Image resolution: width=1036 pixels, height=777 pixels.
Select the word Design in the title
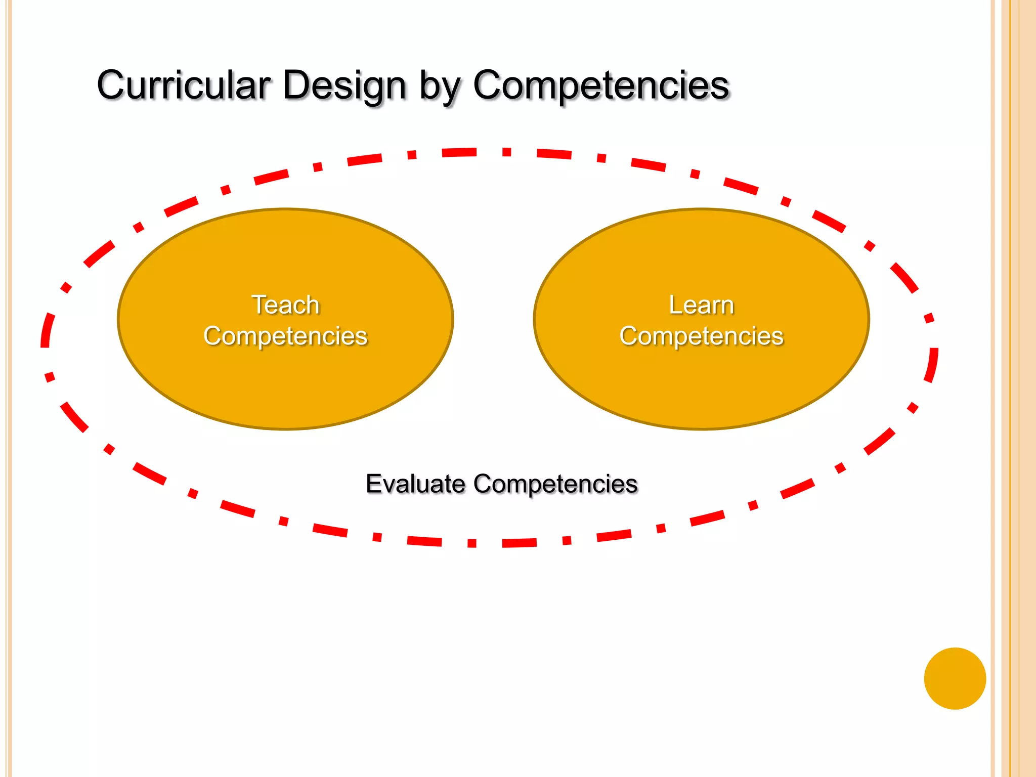[344, 85]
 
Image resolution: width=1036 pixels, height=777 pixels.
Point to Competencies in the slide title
[600, 85]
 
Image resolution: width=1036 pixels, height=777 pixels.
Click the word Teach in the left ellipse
[285, 305]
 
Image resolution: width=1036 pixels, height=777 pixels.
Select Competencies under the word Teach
[285, 336]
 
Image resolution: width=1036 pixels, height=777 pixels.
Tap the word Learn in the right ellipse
[701, 305]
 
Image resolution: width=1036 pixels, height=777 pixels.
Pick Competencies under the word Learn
[701, 336]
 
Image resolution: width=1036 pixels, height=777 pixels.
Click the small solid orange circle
[955, 678]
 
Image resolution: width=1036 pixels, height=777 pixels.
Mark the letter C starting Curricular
[112, 85]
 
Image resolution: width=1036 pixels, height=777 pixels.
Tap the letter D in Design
[296, 85]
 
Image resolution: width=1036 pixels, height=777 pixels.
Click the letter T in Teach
[259, 305]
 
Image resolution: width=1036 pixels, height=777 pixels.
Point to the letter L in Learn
[675, 305]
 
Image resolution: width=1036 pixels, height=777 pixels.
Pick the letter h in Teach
[313, 305]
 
